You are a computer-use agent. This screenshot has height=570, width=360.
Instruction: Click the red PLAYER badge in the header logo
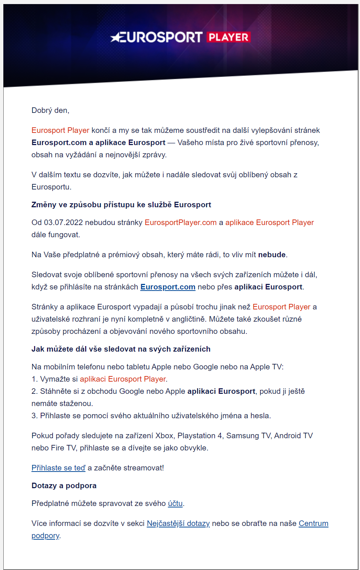tap(228, 37)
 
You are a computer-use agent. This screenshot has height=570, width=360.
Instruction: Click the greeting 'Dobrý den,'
tap(50, 110)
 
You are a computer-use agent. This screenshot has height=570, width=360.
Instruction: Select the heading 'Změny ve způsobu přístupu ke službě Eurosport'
tap(121, 205)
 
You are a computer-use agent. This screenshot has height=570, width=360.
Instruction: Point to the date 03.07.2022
tap(63, 222)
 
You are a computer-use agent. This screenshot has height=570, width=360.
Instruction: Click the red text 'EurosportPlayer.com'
tap(181, 222)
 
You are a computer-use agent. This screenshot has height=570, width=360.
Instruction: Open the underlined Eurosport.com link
tap(168, 287)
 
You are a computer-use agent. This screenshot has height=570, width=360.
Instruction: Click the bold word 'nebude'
tap(272, 255)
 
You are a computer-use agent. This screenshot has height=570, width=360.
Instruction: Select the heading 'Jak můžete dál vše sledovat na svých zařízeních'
tap(121, 349)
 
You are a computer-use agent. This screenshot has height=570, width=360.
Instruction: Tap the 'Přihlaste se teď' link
tap(58, 468)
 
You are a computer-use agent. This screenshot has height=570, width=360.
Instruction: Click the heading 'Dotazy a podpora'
tap(64, 486)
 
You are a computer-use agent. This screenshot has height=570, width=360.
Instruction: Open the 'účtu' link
tap(175, 503)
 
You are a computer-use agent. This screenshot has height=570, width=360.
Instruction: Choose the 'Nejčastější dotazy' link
tap(178, 523)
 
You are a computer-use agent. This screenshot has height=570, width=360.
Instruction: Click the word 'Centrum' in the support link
tap(313, 523)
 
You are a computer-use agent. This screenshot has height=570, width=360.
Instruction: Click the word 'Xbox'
tap(164, 436)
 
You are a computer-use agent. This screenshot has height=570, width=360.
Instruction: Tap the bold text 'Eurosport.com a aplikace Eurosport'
tap(98, 142)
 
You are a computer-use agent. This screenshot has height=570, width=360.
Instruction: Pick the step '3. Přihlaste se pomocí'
tap(151, 416)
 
